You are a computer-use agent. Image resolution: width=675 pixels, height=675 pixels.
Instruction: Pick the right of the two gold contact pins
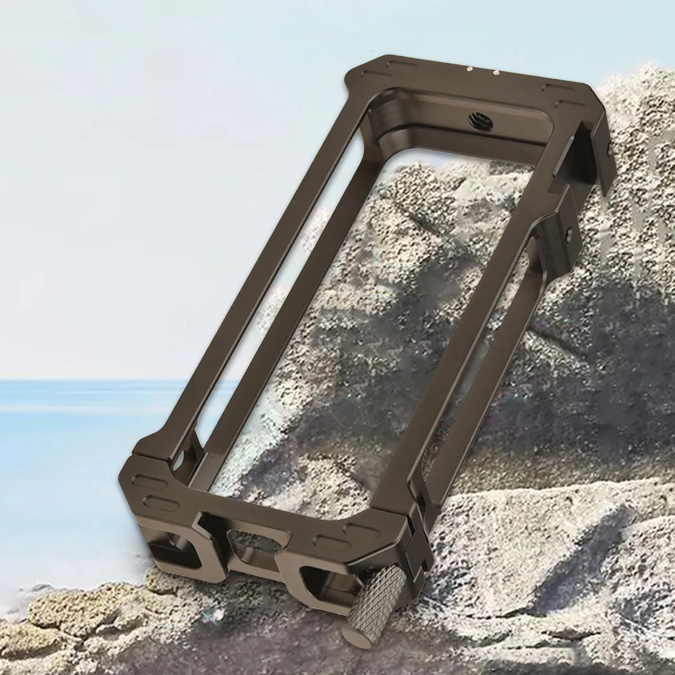pos(496,72)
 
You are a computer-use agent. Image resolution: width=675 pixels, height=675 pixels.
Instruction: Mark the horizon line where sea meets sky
pos(101,380)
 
